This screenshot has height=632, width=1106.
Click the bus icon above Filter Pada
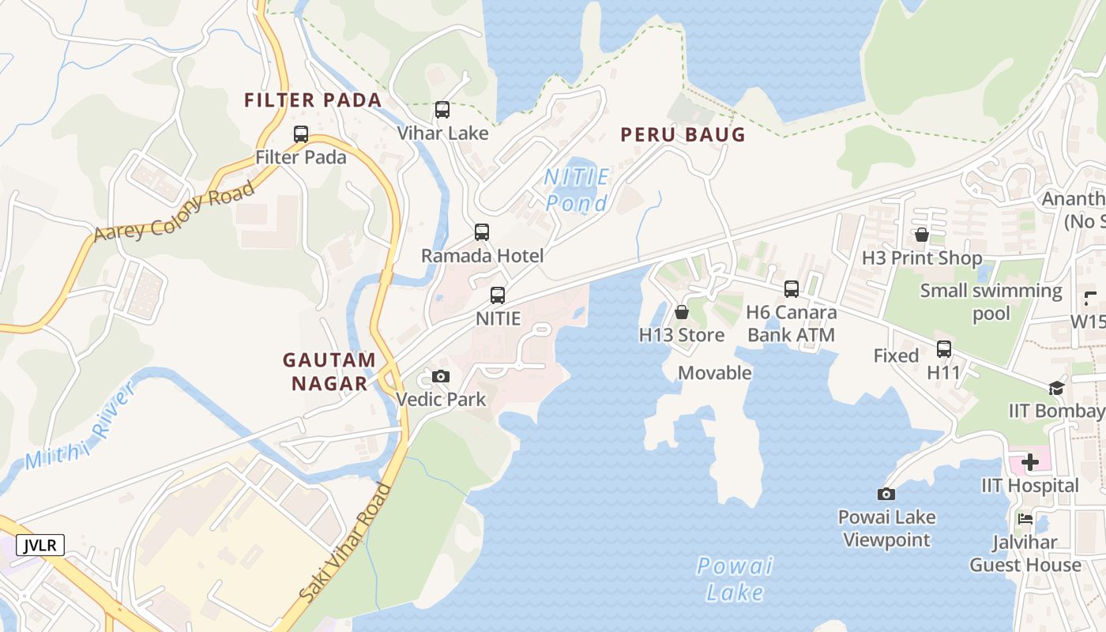coord(301,134)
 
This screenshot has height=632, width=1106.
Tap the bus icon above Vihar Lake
coord(442,110)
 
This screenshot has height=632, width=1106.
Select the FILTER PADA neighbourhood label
coord(313,100)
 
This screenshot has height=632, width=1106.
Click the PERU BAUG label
coord(683,134)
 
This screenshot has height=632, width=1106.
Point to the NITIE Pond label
coord(577,190)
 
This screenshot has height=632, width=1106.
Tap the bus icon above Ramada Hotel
coord(482,232)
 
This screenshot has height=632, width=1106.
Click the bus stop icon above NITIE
coord(498,295)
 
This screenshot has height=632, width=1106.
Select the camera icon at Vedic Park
coord(441,376)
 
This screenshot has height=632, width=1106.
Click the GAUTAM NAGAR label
coord(329,371)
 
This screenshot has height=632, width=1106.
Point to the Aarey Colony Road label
coord(175,211)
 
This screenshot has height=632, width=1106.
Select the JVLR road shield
coord(39,545)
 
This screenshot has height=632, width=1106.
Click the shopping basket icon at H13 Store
coord(682,312)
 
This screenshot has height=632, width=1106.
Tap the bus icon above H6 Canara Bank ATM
coord(792,289)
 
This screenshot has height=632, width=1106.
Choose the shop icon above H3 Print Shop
coord(921,235)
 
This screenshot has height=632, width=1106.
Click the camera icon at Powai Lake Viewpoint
coord(886,494)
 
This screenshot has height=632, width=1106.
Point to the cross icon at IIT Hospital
coord(1030,461)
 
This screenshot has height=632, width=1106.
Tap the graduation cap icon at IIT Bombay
coord(1056,388)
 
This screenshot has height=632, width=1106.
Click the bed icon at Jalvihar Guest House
coord(1025,519)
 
